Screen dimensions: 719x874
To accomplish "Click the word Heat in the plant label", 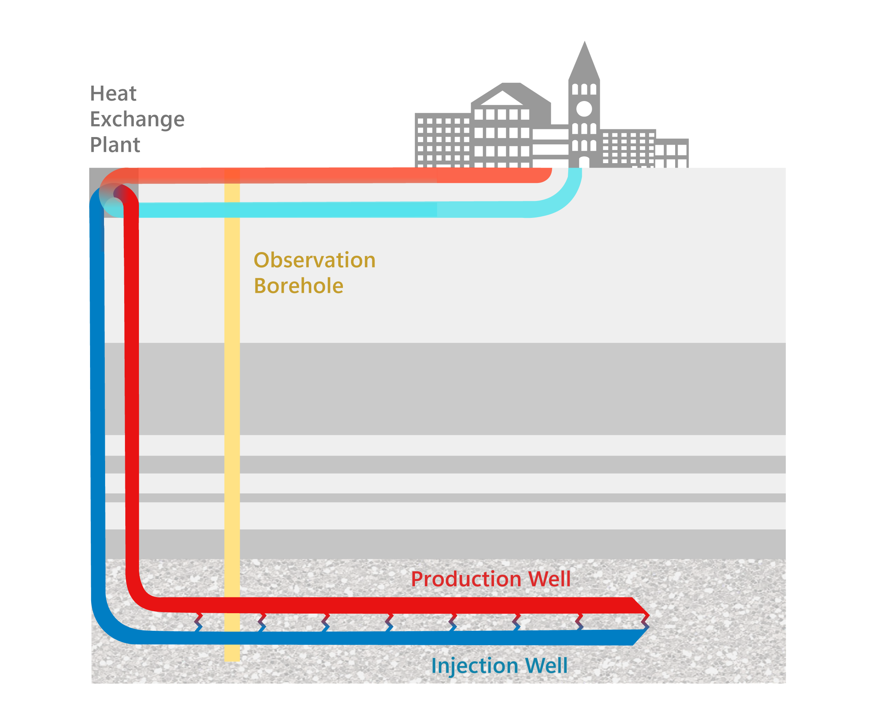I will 113,94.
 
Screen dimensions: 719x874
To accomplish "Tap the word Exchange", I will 137,120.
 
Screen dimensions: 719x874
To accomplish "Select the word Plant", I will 115,145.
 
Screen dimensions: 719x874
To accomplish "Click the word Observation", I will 314,260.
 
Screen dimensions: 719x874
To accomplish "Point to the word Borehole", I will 298,286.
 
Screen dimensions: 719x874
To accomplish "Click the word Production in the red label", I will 466,579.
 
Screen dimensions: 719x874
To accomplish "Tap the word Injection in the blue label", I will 475,666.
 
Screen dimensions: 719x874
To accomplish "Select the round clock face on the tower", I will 584,109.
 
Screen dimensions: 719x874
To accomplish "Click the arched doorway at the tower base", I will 584,162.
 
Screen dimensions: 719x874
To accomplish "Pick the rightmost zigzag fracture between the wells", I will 645,621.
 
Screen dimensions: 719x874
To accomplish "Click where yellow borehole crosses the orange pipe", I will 232,175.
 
